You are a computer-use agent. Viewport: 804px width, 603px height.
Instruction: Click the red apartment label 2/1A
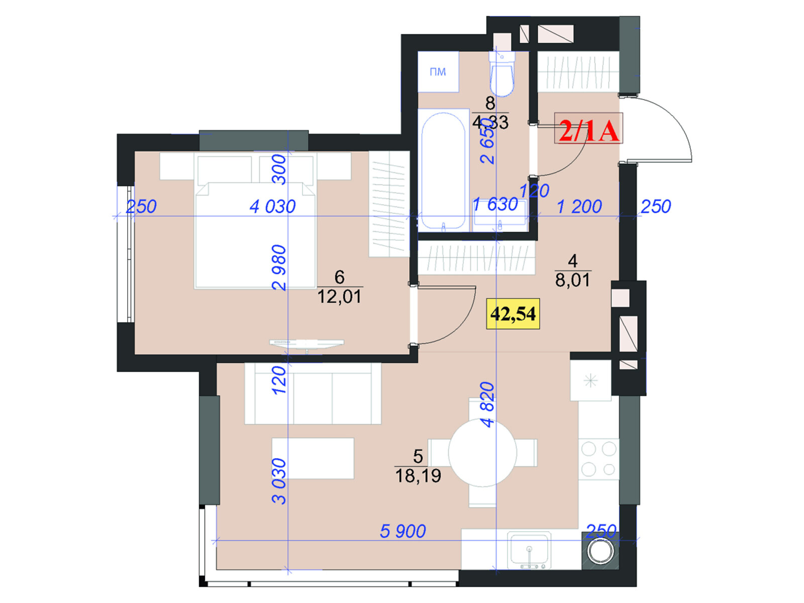588,128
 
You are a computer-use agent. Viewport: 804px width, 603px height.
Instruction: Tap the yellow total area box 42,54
513,314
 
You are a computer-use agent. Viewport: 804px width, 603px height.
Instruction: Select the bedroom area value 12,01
339,296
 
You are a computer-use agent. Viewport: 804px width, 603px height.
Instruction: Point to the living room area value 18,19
418,475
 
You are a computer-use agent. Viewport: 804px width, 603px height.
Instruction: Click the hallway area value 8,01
572,280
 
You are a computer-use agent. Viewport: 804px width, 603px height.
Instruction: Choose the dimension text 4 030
272,207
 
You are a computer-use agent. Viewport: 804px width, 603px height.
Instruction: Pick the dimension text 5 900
403,531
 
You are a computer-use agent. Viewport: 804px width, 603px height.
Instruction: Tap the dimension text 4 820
488,405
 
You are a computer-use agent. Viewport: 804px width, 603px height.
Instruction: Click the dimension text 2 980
279,268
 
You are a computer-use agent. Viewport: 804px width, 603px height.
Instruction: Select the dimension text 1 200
579,207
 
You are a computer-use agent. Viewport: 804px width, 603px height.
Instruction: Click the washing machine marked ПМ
438,71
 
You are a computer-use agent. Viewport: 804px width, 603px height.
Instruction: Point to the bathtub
443,170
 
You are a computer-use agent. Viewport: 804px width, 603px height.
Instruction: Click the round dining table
482,453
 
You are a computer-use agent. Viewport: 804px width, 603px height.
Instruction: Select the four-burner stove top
599,459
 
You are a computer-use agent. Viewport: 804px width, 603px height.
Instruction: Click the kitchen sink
529,550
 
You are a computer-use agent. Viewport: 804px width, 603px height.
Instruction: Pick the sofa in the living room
313,393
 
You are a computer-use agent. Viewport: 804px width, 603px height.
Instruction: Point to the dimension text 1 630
495,205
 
